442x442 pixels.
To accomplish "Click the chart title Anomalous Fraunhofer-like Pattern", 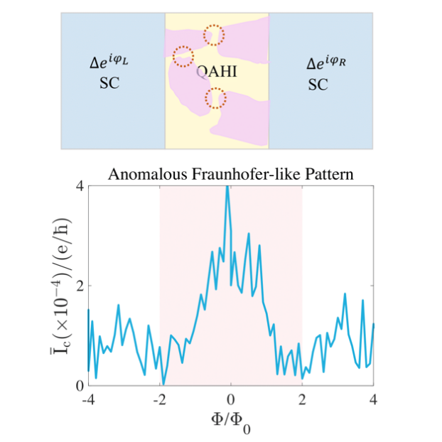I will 231,173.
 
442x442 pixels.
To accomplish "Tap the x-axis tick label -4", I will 88,399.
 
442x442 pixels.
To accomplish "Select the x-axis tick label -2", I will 159,399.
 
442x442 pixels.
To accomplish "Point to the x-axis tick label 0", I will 231,399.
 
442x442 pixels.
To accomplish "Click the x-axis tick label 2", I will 303,399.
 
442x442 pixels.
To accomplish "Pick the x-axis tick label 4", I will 374,399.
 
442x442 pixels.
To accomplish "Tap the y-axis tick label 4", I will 80,186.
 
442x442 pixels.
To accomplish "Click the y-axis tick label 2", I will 80,286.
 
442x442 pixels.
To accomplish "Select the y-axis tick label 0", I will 80,385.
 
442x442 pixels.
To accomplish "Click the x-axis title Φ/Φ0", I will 231,423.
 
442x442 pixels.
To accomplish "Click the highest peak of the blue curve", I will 227,187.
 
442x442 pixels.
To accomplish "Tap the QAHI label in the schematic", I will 217,71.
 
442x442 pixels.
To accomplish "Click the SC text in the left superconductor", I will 109,83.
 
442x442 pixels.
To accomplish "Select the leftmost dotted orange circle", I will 183,55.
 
